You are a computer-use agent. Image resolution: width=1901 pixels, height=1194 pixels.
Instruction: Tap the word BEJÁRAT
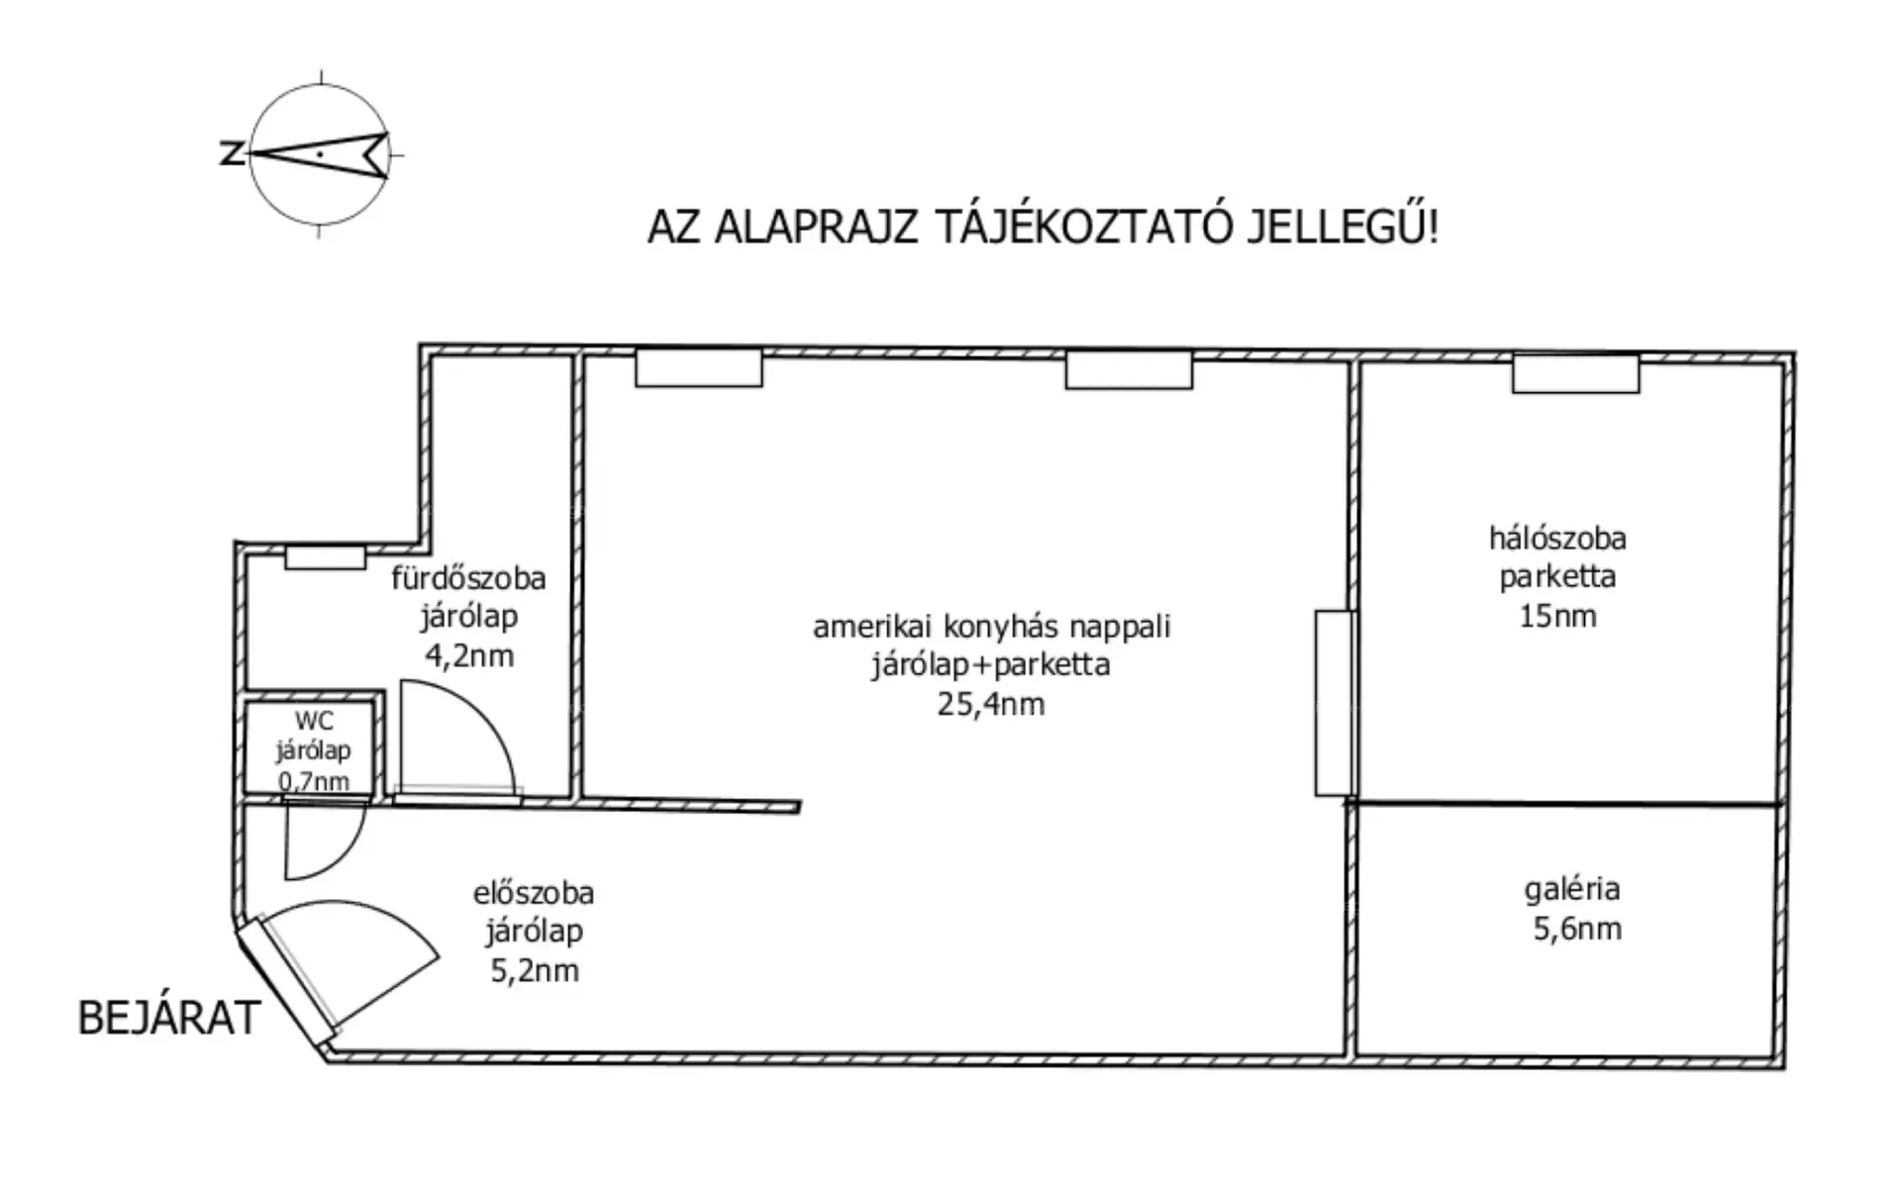[169, 1018]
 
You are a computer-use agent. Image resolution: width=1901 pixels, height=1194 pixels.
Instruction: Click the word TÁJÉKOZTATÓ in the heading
[1070, 227]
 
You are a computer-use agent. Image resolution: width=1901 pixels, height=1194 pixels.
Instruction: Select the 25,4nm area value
[991, 704]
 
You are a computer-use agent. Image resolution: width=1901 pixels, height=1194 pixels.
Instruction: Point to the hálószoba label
[1557, 538]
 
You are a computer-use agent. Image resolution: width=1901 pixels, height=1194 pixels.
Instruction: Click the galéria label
[1572, 889]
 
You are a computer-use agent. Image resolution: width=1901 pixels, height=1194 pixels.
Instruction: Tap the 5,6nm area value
[1577, 929]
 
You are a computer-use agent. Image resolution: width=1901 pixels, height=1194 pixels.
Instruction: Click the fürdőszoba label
[468, 577]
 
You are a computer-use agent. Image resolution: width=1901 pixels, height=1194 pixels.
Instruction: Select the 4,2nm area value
[469, 655]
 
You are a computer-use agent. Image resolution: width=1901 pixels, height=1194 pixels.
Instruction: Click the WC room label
[314, 721]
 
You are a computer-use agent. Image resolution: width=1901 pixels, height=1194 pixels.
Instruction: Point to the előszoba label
[534, 893]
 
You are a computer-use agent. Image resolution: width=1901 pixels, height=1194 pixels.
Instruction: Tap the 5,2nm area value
[535, 970]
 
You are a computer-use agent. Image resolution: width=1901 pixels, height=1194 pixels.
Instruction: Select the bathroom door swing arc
[485, 713]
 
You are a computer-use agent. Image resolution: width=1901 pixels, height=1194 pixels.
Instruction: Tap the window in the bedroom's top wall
[1575, 373]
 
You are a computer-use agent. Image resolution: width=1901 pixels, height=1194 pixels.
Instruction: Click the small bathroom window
[325, 557]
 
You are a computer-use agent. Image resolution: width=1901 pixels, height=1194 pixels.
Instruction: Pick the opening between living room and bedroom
[1335, 703]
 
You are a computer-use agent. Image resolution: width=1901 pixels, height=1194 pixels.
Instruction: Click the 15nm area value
[1557, 616]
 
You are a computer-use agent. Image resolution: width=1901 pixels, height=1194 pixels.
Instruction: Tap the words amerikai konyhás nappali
[991, 627]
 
